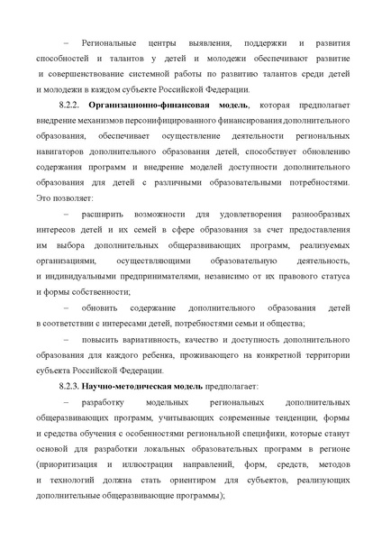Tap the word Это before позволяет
point(43,197)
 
